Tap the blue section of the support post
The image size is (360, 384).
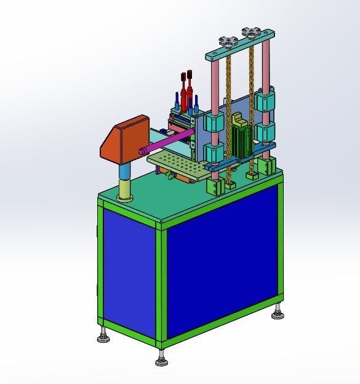pyautogui.click(x=125, y=170)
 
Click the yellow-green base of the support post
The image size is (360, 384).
pyautogui.click(x=126, y=189)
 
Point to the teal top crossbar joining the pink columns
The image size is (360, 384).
pyautogui.click(x=240, y=47)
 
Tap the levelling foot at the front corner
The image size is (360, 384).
pyautogui.click(x=162, y=358)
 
